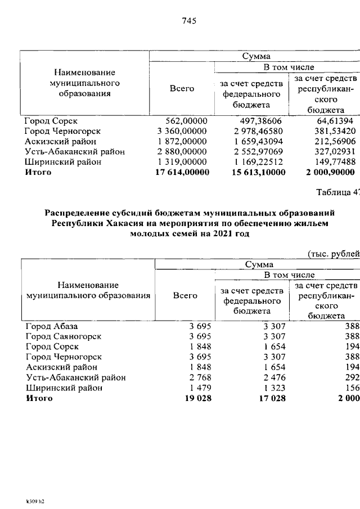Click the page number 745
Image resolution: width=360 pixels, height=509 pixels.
coord(188,21)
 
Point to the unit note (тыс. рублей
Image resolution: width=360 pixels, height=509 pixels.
coord(334,253)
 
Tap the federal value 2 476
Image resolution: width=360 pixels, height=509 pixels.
coord(275,393)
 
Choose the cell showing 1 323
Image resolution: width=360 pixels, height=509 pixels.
coord(275,403)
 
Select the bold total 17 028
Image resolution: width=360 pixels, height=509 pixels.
coord(272,413)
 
